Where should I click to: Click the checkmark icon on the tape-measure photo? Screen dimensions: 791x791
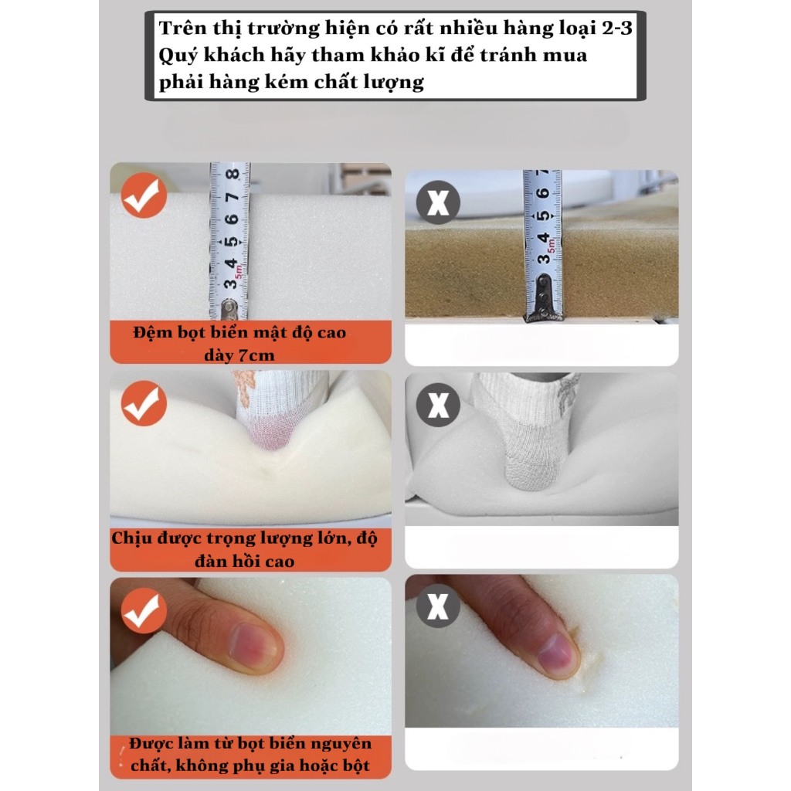coord(144,195)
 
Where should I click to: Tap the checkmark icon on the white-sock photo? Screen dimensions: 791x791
coord(144,403)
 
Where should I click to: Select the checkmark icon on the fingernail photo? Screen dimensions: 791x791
coord(144,610)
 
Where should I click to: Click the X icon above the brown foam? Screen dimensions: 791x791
coord(438,202)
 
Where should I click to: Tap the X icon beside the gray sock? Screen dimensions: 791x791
coord(438,405)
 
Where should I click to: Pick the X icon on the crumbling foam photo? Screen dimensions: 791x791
coord(438,606)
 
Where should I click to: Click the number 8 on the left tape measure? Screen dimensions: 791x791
coord(233,175)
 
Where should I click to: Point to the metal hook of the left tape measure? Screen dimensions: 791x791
coord(229,308)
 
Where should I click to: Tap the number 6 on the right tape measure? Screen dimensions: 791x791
coord(543,192)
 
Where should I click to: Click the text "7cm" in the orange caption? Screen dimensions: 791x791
coord(255,355)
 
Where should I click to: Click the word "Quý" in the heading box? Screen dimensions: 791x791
coord(177,56)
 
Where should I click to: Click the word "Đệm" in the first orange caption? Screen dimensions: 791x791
coord(151,333)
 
